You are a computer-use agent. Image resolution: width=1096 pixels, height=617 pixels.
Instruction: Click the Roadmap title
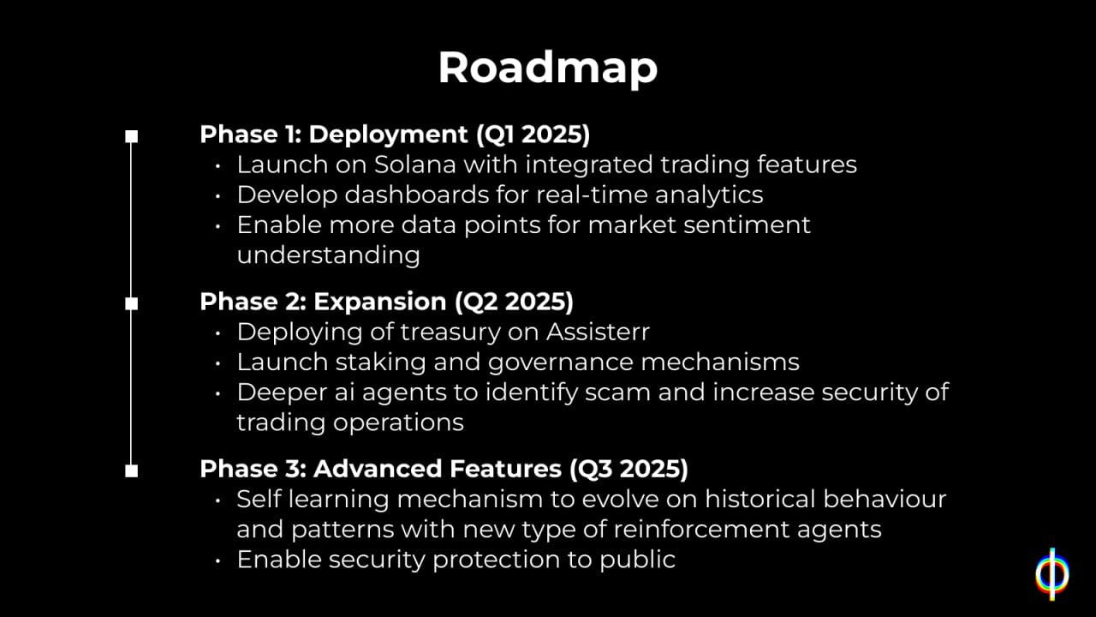[x=547, y=69]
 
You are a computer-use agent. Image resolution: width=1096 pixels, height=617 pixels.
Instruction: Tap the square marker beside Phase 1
[x=131, y=136]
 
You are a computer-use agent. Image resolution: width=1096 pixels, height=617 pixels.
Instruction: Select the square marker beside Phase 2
[x=131, y=303]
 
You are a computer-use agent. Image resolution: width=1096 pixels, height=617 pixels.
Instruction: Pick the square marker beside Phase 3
[x=131, y=470]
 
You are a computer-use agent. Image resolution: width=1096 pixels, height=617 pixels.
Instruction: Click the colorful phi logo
[x=1052, y=574]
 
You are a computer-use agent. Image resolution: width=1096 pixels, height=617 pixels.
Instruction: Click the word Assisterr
[x=598, y=332]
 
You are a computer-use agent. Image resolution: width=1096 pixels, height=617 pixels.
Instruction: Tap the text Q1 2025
[x=533, y=135]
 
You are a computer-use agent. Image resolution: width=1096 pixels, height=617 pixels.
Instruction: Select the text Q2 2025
[x=514, y=302]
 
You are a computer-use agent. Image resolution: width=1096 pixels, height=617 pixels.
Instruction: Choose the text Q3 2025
[x=628, y=469]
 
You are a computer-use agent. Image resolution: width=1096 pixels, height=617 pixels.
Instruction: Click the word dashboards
[x=416, y=195]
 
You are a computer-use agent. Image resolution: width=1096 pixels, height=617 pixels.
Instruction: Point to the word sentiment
[x=748, y=225]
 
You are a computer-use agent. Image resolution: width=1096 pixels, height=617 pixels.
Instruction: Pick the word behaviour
[x=885, y=500]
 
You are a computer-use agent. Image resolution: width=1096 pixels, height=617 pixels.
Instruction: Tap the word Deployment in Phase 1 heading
[x=388, y=135]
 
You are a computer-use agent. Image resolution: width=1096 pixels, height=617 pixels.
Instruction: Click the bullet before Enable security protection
[x=217, y=560]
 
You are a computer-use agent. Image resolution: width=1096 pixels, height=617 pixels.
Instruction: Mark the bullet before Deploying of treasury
[x=217, y=333]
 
